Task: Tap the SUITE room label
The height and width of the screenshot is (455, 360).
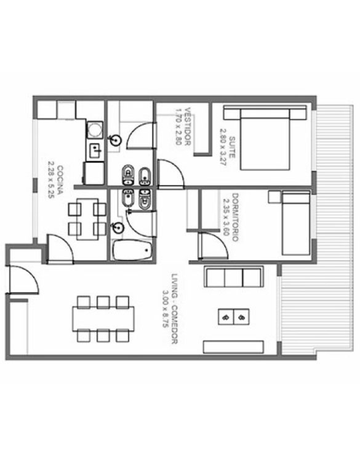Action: click(x=232, y=147)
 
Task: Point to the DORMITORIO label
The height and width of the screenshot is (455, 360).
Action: click(x=235, y=217)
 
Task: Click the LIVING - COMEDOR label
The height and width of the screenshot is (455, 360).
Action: click(x=174, y=309)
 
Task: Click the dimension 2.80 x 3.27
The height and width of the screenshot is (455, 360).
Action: click(x=223, y=147)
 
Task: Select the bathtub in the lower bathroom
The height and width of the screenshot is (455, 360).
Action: click(x=132, y=250)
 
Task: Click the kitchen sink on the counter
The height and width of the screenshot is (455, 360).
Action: click(x=95, y=150)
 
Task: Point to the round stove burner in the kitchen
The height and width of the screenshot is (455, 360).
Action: click(x=95, y=129)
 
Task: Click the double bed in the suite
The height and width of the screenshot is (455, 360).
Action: click(x=265, y=138)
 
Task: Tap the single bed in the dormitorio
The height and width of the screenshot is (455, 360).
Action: click(x=296, y=223)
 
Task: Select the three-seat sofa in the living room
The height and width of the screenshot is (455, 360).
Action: click(x=234, y=277)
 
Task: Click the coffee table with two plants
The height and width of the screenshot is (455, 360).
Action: click(x=233, y=317)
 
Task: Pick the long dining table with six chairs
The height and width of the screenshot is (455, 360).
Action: click(x=103, y=318)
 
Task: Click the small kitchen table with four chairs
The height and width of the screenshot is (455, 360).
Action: click(x=87, y=219)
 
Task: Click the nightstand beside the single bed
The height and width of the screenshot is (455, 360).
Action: click(x=274, y=197)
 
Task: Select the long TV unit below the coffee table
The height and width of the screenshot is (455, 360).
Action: click(x=233, y=347)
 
